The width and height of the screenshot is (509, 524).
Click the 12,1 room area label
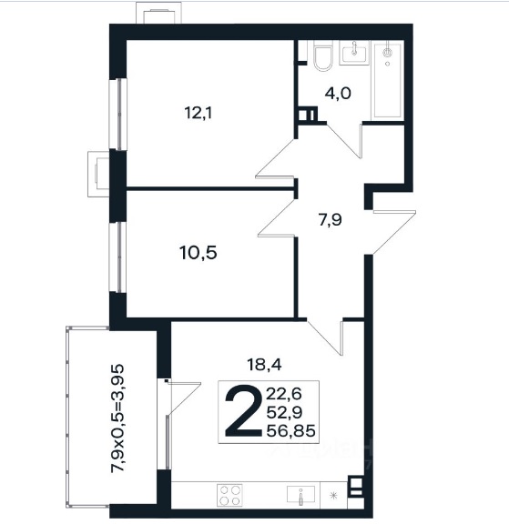(199, 113)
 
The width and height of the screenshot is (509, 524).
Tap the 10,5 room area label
(199, 253)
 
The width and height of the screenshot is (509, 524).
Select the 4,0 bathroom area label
(338, 93)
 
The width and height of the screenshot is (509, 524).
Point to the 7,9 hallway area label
(331, 220)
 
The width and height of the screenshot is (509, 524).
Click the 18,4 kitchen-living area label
(264, 364)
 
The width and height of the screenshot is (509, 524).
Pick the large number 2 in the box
(243, 411)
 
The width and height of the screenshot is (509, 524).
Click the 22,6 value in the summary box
(284, 394)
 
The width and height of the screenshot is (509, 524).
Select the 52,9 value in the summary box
(284, 412)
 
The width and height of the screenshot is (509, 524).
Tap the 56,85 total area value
(290, 431)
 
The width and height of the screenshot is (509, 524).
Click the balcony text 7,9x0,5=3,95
(117, 418)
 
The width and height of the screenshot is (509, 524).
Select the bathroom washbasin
(354, 53)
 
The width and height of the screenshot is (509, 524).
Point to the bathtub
(388, 80)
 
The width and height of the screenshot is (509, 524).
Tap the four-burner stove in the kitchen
(229, 495)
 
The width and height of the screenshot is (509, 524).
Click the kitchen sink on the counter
(300, 495)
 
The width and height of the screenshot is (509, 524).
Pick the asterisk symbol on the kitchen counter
(333, 495)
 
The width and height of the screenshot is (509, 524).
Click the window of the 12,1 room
(118, 114)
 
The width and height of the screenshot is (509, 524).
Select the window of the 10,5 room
(118, 257)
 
